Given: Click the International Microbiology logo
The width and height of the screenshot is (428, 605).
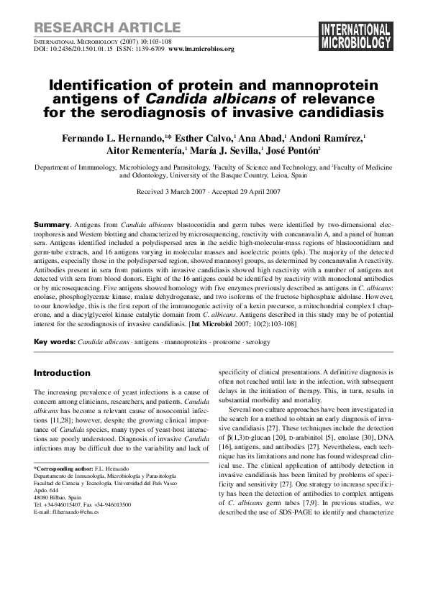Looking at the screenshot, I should [x=355, y=37].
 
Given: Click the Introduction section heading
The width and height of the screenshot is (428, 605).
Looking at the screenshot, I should [x=63, y=374].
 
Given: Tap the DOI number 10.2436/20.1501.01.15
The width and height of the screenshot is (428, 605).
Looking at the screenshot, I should [x=85, y=50].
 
